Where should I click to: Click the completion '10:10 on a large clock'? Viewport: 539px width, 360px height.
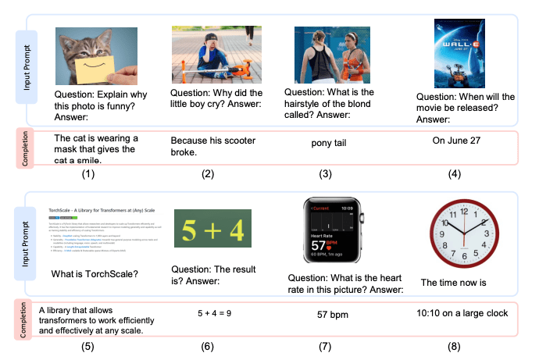coord(459,313)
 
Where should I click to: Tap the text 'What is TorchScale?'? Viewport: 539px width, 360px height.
coord(95,275)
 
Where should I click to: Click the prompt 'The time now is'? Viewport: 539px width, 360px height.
coord(452,282)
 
